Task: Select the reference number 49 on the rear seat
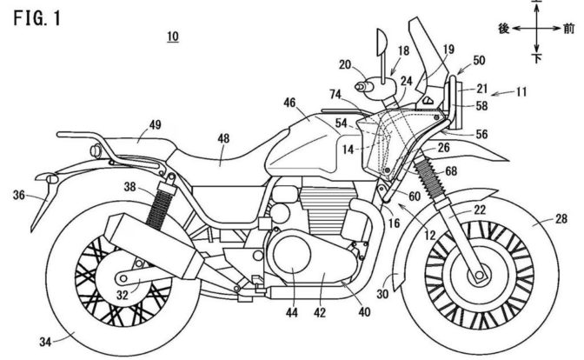(x=155, y=124)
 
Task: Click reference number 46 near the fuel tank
(x=289, y=103)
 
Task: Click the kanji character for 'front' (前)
(x=567, y=29)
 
